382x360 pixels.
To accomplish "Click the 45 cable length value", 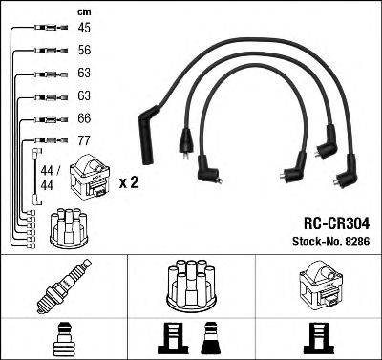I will pyautogui.click(x=83, y=30).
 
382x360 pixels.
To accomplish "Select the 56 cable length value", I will pyautogui.click(x=83, y=52).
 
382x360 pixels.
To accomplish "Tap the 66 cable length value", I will pyautogui.click(x=83, y=118).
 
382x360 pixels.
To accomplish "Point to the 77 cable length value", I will pyautogui.click(x=83, y=140).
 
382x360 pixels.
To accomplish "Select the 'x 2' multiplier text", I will pyautogui.click(x=128, y=181).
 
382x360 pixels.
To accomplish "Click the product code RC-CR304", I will pyautogui.click(x=330, y=223).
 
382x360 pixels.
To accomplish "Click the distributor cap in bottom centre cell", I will pyautogui.click(x=190, y=285).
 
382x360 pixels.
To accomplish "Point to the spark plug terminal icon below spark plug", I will pyautogui.click(x=63, y=337).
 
